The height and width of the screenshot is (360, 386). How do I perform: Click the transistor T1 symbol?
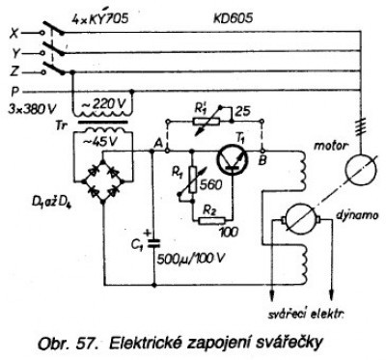click(x=233, y=158)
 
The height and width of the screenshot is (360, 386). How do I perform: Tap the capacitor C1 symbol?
click(x=153, y=243)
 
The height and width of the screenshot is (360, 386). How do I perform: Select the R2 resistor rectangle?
click(x=211, y=221)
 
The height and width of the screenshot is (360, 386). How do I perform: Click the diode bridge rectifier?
click(x=103, y=180)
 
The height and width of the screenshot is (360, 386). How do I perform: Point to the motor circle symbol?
click(x=360, y=169)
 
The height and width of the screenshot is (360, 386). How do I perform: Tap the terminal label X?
click(x=14, y=33)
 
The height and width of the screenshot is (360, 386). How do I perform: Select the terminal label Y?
click(x=15, y=53)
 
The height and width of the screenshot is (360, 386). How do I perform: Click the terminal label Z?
click(x=14, y=72)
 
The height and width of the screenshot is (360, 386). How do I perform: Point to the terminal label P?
click(x=14, y=92)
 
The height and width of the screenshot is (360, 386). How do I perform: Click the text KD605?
click(x=233, y=18)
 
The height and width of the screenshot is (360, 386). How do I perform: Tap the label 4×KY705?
click(x=99, y=18)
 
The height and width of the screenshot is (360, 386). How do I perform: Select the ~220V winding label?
click(x=104, y=104)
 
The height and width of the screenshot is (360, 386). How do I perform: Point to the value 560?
click(x=210, y=185)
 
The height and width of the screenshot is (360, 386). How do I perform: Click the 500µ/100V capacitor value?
click(x=191, y=259)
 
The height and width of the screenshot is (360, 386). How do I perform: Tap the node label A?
click(x=158, y=143)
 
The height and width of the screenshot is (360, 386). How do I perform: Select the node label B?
click(x=262, y=160)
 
